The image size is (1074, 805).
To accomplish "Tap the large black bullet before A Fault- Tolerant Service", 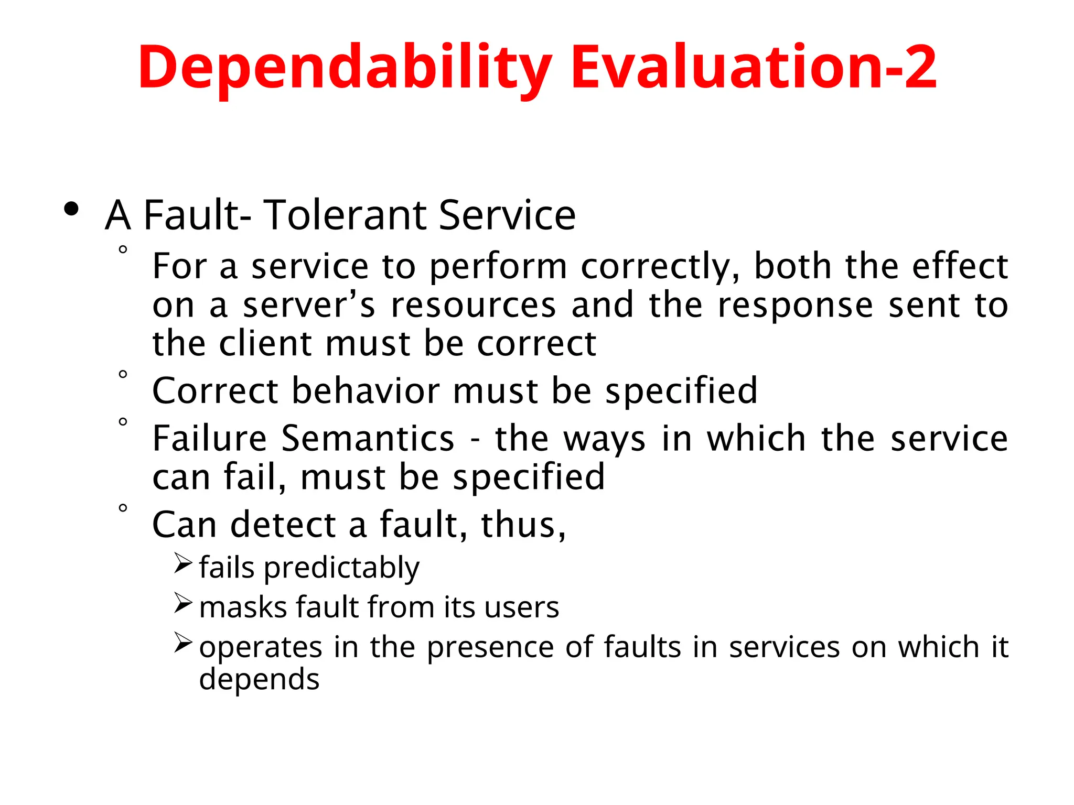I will [71, 210].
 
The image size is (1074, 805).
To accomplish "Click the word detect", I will [283, 525].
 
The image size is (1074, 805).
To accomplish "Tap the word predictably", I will [341, 568].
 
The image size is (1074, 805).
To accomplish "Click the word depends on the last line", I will [259, 680].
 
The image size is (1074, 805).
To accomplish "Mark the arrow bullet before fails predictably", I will [183, 563].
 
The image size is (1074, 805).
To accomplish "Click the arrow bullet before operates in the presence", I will [183, 643].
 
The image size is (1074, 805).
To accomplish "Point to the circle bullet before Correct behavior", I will [123, 374].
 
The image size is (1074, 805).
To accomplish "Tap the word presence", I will [490, 647].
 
